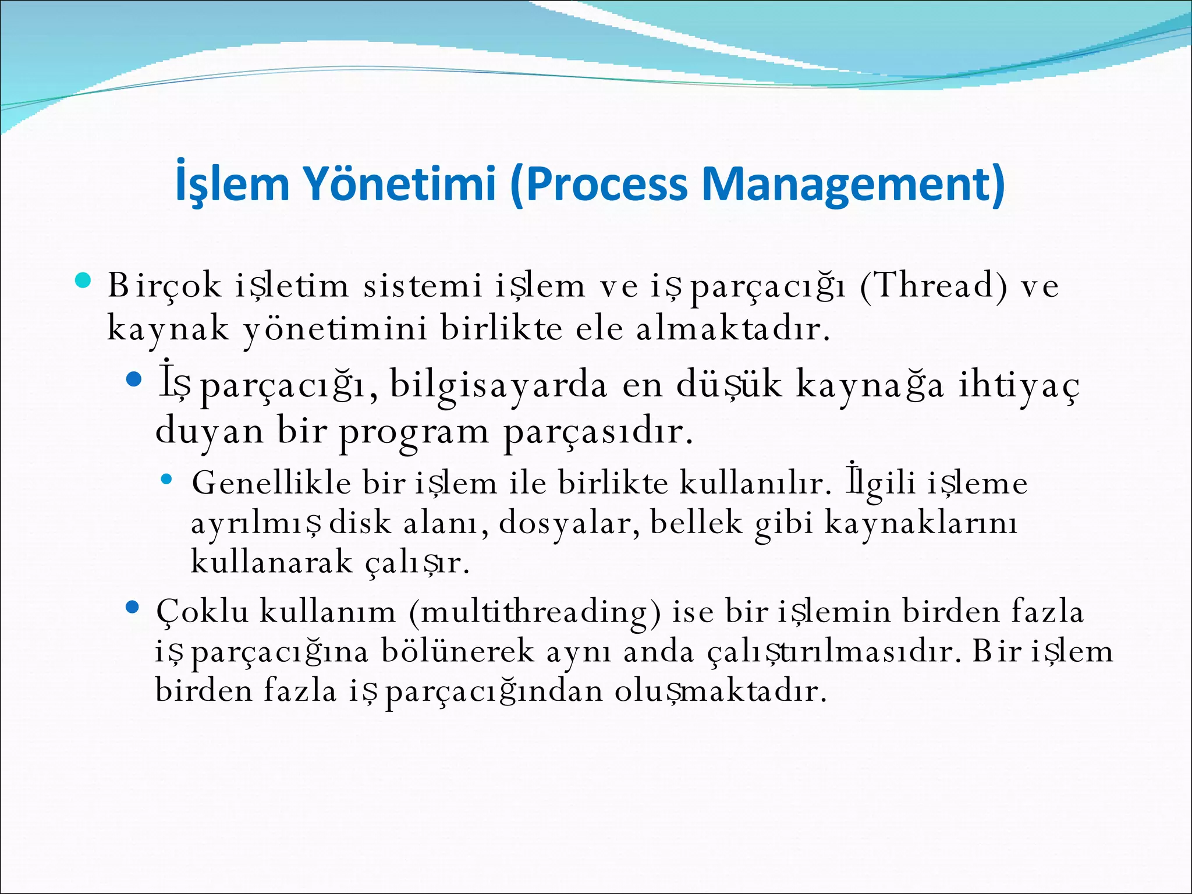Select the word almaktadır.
coord(733,329)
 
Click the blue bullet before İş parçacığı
coord(134,381)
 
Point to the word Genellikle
coord(271,483)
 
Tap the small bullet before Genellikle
coord(166,480)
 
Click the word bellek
coord(696,523)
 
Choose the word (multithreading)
coord(535,612)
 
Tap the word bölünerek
coord(457,651)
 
